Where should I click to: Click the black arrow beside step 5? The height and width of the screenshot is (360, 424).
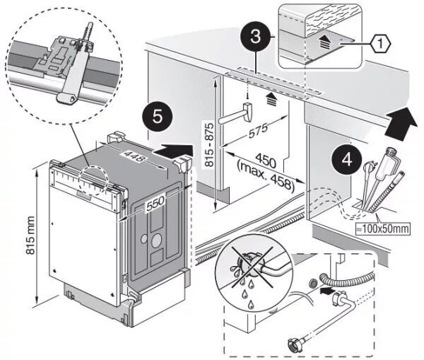point(177,150)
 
